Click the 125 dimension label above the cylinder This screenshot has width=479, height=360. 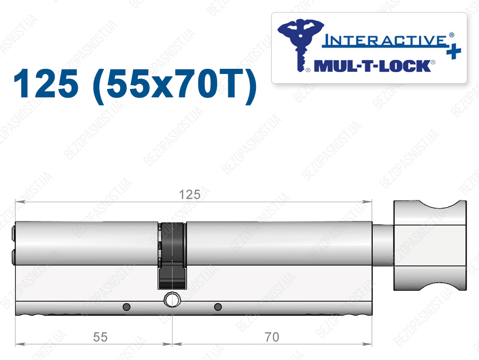(189, 195)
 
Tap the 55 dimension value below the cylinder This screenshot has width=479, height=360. (100, 337)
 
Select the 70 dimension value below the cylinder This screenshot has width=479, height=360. (272, 337)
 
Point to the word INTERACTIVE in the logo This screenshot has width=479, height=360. (385, 41)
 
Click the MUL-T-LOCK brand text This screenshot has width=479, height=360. (372, 66)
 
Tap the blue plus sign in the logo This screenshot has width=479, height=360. (454, 51)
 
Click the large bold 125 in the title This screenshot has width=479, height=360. (46, 83)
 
